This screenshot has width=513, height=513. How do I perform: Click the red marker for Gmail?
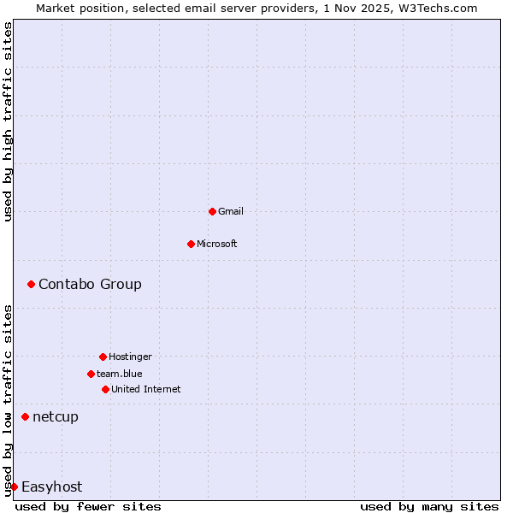pos(212,211)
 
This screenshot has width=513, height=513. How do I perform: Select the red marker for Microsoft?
pos(191,244)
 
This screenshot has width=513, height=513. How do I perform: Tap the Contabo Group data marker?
pos(31,284)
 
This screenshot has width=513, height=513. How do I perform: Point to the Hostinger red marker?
pos(103,357)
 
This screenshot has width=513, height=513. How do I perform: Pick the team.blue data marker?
pos(91,374)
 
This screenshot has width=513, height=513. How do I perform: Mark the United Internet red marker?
pos(105,389)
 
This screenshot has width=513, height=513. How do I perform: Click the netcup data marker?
pos(25,416)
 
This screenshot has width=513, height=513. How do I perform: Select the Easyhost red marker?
pos(14,486)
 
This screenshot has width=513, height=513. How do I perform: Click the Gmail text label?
pos(231,211)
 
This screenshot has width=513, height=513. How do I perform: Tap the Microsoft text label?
pos(217,244)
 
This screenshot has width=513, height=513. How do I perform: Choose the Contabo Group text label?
pos(90,284)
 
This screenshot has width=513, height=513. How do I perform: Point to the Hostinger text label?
pos(130,357)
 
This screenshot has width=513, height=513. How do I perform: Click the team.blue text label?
pos(120,374)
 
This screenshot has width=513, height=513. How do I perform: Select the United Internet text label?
pos(146,389)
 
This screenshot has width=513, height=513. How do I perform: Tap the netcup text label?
pos(56,416)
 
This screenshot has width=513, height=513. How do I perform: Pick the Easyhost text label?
pos(51,486)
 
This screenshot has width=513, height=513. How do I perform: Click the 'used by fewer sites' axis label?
pos(88,506)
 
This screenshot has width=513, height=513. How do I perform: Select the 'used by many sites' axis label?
pos(429,506)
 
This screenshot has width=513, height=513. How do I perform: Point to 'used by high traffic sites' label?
pos(8,121)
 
